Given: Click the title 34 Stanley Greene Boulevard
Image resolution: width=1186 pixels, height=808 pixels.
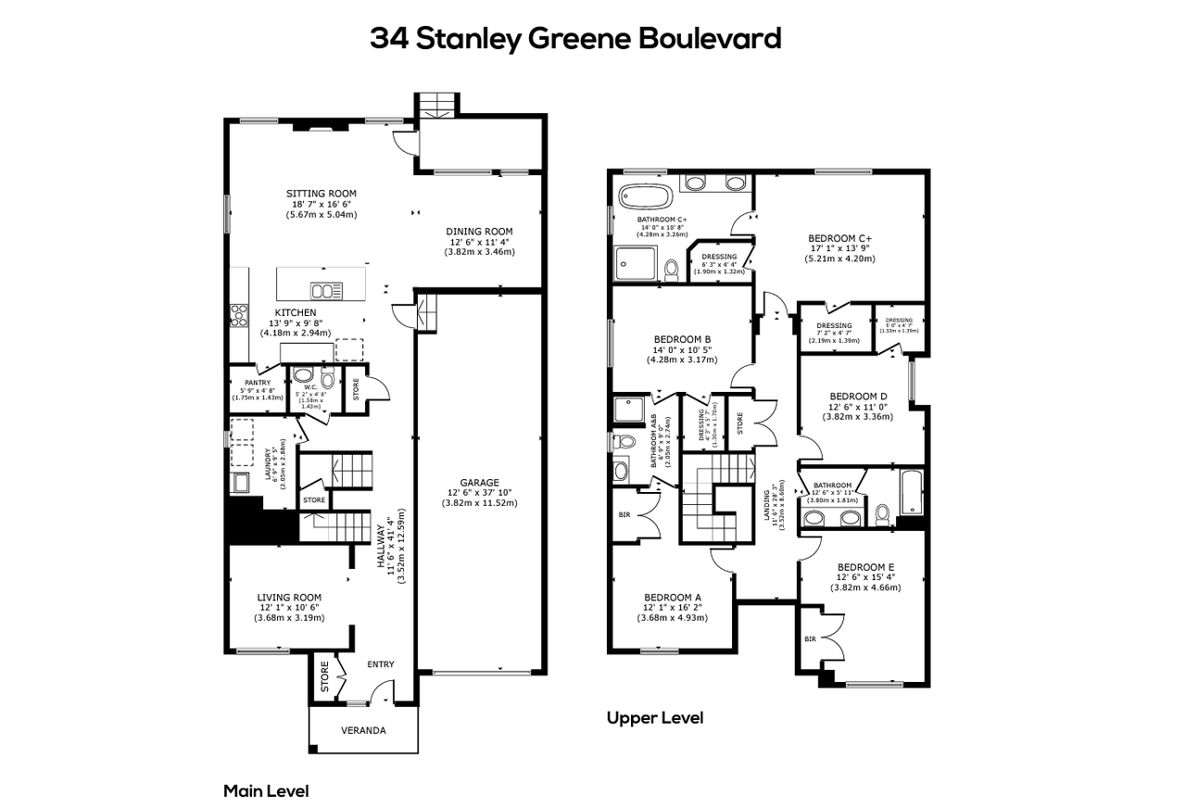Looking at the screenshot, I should pos(575,39).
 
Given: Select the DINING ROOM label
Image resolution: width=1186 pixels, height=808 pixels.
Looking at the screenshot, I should pos(479,232).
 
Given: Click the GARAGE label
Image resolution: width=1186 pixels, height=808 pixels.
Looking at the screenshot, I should pos(479,483).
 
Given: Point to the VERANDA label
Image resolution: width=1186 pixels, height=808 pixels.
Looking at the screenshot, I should pos(363,731).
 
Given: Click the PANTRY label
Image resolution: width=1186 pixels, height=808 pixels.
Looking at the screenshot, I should pos(257,383).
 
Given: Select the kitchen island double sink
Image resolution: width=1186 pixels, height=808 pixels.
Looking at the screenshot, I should pos(325,290).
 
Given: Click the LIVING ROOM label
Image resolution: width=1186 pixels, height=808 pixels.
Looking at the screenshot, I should pos(289,598).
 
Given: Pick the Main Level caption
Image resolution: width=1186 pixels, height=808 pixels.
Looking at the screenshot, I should pos(266,791).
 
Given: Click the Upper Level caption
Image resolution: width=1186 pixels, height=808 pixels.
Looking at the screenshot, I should pos(654,718).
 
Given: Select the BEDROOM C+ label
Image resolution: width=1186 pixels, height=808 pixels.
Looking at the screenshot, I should pos(840,238).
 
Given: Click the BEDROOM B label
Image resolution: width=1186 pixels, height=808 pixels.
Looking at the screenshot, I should pos(682,339).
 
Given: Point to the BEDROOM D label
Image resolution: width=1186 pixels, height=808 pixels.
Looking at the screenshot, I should pos(857,394).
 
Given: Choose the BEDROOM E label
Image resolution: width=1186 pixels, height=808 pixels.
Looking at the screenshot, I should pos(865,567).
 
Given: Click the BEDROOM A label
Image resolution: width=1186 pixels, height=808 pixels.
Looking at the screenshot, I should pos(673,597).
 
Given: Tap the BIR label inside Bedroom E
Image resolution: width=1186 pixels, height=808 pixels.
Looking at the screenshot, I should pos(810,639).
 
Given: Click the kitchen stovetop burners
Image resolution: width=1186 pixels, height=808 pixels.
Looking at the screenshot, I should pos(239,315).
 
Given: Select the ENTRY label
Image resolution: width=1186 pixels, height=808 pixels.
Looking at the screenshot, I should pos(380,664).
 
